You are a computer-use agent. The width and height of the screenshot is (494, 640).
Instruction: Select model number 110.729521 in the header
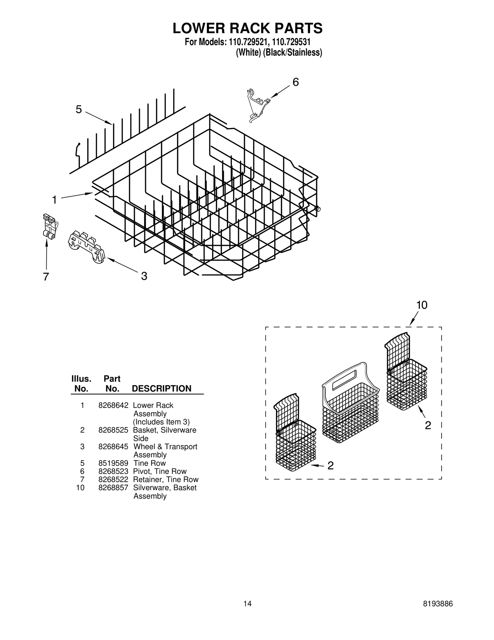pyautogui.click(x=248, y=42)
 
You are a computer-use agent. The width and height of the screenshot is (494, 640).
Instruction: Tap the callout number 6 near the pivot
pyautogui.click(x=295, y=82)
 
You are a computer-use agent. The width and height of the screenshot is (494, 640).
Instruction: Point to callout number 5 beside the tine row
pyautogui.click(x=79, y=109)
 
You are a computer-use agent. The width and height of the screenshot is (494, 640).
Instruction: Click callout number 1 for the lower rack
pyautogui.click(x=54, y=200)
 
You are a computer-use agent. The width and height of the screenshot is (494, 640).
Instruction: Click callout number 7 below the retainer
pyautogui.click(x=46, y=277)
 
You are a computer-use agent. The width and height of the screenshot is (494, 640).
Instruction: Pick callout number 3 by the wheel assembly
pyautogui.click(x=144, y=276)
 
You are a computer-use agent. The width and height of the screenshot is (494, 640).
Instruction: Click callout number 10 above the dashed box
pyautogui.click(x=422, y=305)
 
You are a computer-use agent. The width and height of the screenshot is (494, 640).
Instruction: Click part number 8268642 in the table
pyautogui.click(x=113, y=405)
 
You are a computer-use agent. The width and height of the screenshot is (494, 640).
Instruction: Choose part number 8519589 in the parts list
pyautogui.click(x=113, y=463)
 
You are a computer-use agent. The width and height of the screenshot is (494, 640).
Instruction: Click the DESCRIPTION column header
pyautogui.click(x=161, y=388)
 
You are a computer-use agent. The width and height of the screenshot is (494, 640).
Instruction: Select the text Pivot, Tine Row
pyautogui.click(x=160, y=471)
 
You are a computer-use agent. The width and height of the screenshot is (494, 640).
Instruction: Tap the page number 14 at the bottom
pyautogui.click(x=247, y=604)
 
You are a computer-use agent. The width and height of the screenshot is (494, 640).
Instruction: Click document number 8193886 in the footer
pyautogui.click(x=437, y=604)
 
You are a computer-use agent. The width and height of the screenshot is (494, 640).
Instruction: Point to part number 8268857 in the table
pyautogui.click(x=113, y=488)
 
